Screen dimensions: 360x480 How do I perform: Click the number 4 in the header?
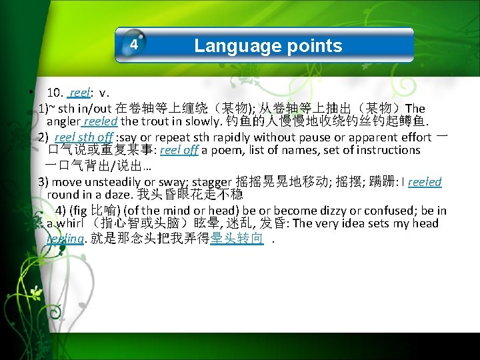(x=134, y=45)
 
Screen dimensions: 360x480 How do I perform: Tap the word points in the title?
(x=314, y=45)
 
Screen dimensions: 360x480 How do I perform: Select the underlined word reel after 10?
(x=79, y=93)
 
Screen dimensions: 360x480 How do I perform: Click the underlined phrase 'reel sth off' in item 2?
(x=84, y=137)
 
